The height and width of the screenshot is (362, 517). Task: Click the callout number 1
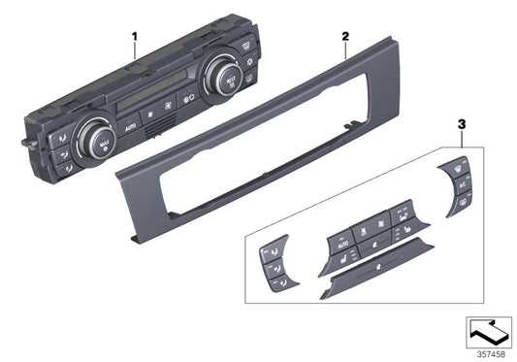pyautogui.click(x=134, y=36)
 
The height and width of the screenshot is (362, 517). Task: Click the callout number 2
pyautogui.click(x=344, y=36)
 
